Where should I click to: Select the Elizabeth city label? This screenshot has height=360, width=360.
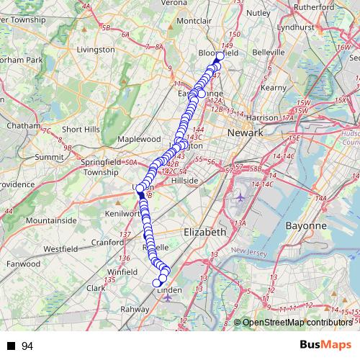tap(206, 233)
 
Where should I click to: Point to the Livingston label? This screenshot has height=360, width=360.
tap(96, 50)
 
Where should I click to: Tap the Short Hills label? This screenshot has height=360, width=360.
tap(80, 130)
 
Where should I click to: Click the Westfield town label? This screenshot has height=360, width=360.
tap(60, 248)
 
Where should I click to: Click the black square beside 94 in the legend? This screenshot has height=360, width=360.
tap(11, 347)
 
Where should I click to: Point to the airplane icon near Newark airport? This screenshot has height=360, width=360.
tap(240, 197)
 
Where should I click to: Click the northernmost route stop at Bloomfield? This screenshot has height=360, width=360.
tap(220, 56)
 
